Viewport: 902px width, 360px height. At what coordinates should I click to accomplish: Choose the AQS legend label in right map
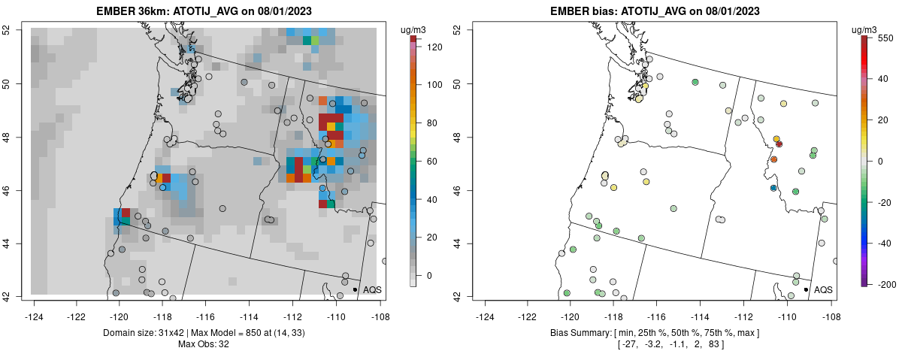tap(823, 289)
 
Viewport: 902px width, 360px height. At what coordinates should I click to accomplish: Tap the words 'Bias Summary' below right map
tap(577, 332)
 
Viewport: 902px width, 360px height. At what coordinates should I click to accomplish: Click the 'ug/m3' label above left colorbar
tap(415, 29)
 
